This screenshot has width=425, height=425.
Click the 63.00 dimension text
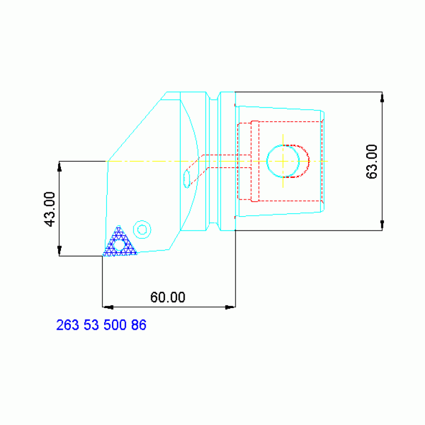pyautogui.click(x=372, y=161)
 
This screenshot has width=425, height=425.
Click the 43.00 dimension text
pyautogui.click(x=50, y=209)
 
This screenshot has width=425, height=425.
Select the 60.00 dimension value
pyautogui.click(x=168, y=298)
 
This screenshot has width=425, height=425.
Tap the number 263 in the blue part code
pyautogui.click(x=68, y=325)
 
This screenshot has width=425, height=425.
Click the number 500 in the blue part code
pyautogui.click(x=115, y=325)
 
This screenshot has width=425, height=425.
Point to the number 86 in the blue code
pyautogui.click(x=139, y=325)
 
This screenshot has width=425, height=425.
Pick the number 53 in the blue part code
pyautogui.click(x=91, y=325)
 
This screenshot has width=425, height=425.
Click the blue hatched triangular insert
pyautogui.click(x=119, y=244)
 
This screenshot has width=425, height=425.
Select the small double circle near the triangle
pyautogui.click(x=142, y=229)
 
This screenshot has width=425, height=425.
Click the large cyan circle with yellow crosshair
pyautogui.click(x=283, y=161)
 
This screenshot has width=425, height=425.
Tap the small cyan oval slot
pyautogui.click(x=187, y=178)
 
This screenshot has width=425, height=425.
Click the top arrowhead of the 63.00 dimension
pyautogui.click(x=382, y=97)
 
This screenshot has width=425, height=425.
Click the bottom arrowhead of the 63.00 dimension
pyautogui.click(x=382, y=225)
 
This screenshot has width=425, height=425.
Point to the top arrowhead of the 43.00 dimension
pyautogui.click(x=59, y=166)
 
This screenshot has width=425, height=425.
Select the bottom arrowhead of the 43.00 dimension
pyautogui.click(x=59, y=251)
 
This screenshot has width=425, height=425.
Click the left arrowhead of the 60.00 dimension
pyautogui.click(x=108, y=306)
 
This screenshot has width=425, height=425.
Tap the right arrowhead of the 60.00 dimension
pyautogui.click(x=230, y=306)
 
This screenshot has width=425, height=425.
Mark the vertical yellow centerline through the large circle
pyautogui.click(x=283, y=139)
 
